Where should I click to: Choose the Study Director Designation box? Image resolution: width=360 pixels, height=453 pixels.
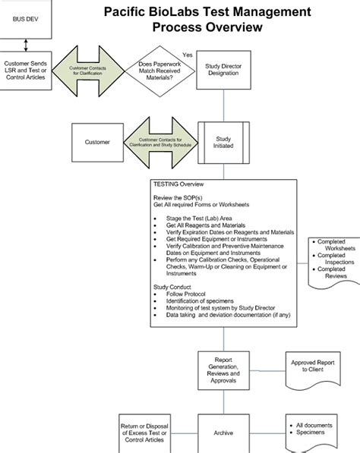coord(223,71)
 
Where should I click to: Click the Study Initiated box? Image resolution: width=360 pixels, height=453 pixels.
coord(223,143)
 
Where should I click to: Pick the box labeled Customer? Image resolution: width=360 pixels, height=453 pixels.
coord(96,143)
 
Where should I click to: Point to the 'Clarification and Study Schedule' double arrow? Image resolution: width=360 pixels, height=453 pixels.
coord(159,143)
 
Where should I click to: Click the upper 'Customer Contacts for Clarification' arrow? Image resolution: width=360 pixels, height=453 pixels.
coord(88,71)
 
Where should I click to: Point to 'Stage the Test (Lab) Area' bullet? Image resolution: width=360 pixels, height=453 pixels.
coord(200,218)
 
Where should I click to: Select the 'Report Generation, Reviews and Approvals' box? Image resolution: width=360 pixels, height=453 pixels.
coord(223,368)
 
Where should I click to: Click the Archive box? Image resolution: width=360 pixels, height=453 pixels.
coord(223,433)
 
